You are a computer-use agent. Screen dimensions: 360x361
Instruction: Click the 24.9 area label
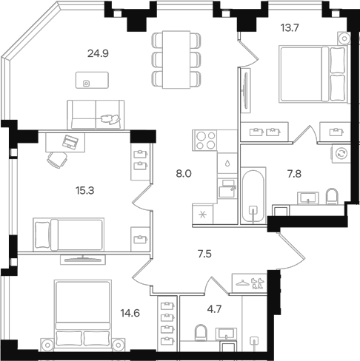[98, 53]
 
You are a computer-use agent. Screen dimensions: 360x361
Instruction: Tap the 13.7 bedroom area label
[290, 28]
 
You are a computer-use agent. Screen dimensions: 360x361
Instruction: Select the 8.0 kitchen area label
[184, 174]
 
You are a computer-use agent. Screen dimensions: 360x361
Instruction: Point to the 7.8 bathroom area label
[294, 174]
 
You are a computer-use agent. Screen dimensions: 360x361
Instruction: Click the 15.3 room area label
[85, 191]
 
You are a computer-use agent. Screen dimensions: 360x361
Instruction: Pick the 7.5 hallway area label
[204, 254]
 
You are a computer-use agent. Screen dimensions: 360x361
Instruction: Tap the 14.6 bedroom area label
[130, 313]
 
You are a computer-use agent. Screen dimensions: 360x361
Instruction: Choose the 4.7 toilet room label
[214, 309]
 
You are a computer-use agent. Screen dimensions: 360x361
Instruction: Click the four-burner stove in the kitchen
[205, 141]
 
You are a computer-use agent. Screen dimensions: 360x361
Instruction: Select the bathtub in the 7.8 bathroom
[253, 195]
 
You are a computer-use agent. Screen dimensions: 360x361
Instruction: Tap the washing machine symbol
[341, 153]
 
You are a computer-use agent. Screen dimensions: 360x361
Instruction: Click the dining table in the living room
[176, 59]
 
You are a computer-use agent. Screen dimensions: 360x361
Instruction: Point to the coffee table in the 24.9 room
[92, 80]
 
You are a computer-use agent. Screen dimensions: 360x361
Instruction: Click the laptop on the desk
[70, 142]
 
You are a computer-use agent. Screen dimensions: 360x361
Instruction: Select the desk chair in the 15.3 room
[58, 160]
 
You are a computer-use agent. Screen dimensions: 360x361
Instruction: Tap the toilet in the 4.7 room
[201, 332]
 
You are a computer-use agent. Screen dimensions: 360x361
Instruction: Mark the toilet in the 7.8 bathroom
[332, 197]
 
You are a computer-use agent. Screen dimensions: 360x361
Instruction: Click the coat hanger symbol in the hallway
[243, 283]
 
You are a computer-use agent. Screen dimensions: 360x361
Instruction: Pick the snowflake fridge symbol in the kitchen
[202, 215]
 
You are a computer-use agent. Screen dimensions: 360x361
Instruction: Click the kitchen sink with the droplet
[227, 163]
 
